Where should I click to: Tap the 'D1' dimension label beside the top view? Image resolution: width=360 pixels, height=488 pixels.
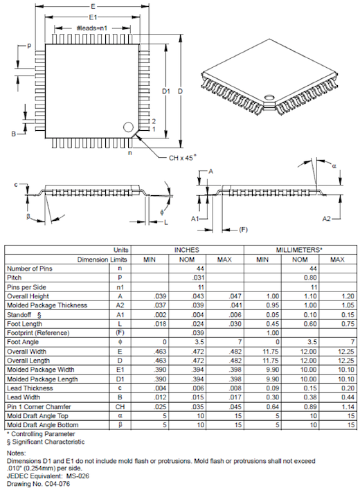coord(165,91)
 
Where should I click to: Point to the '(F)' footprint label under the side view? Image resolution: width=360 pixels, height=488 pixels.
coord(244,228)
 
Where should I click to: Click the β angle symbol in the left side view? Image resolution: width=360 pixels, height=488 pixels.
coord(30,215)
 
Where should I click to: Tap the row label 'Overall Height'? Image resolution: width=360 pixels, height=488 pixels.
coord(28,295)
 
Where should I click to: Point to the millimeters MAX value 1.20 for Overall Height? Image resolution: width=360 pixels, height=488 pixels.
coord(337,295)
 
